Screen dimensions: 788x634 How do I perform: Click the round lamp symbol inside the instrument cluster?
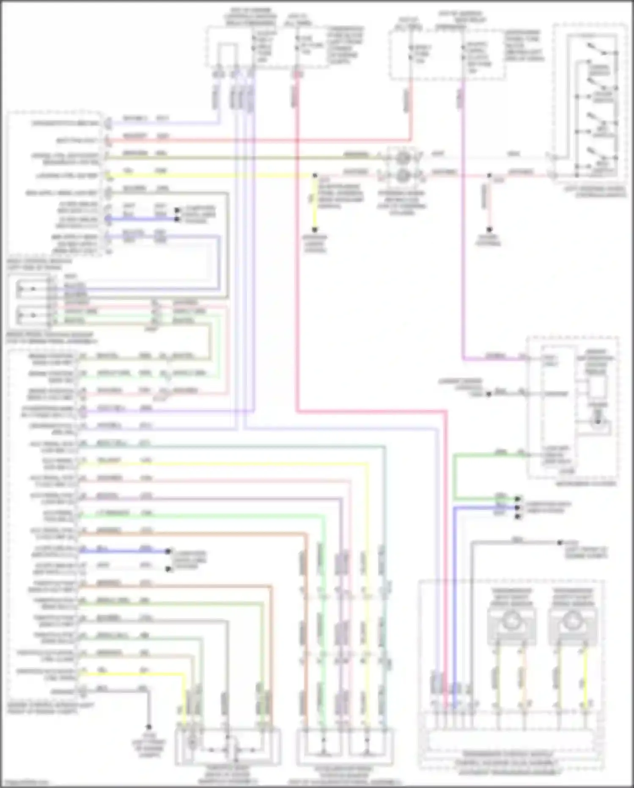pos(598,422)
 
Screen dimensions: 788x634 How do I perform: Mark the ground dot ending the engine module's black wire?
pos(148,727)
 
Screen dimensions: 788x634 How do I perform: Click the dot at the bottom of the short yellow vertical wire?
pos(315,230)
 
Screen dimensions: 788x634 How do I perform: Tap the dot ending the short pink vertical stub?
pos(489,230)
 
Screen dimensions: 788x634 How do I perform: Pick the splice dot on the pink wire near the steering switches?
pos(489,175)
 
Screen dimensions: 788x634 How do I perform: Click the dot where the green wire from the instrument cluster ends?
pos(517,498)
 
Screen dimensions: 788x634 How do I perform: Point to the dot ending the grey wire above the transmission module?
pos(560,542)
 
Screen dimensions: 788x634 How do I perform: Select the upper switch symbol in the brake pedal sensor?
pos(27,289)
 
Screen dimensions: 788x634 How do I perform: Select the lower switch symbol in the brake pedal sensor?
pos(27,315)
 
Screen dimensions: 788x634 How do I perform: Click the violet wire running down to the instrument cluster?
pos(464,254)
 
